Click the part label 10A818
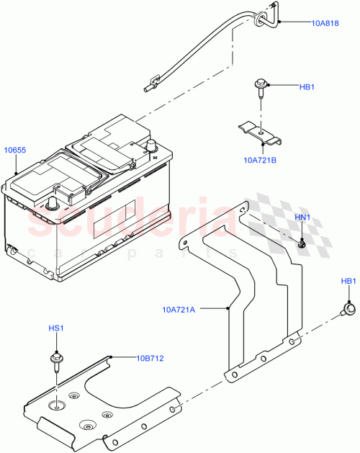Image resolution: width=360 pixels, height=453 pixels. click(325, 23)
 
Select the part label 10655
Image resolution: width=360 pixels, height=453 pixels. click(15, 150)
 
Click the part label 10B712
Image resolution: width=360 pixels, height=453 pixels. click(152, 356)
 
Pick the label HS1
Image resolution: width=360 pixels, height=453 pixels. click(55, 328)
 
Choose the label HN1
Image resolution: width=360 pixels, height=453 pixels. click(302, 217)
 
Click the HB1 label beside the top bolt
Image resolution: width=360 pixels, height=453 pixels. click(307, 87)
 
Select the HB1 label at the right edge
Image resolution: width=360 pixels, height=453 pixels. click(348, 281)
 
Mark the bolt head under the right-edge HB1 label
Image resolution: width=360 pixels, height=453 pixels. click(349, 310)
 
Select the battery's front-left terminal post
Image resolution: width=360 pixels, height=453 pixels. click(52, 205)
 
